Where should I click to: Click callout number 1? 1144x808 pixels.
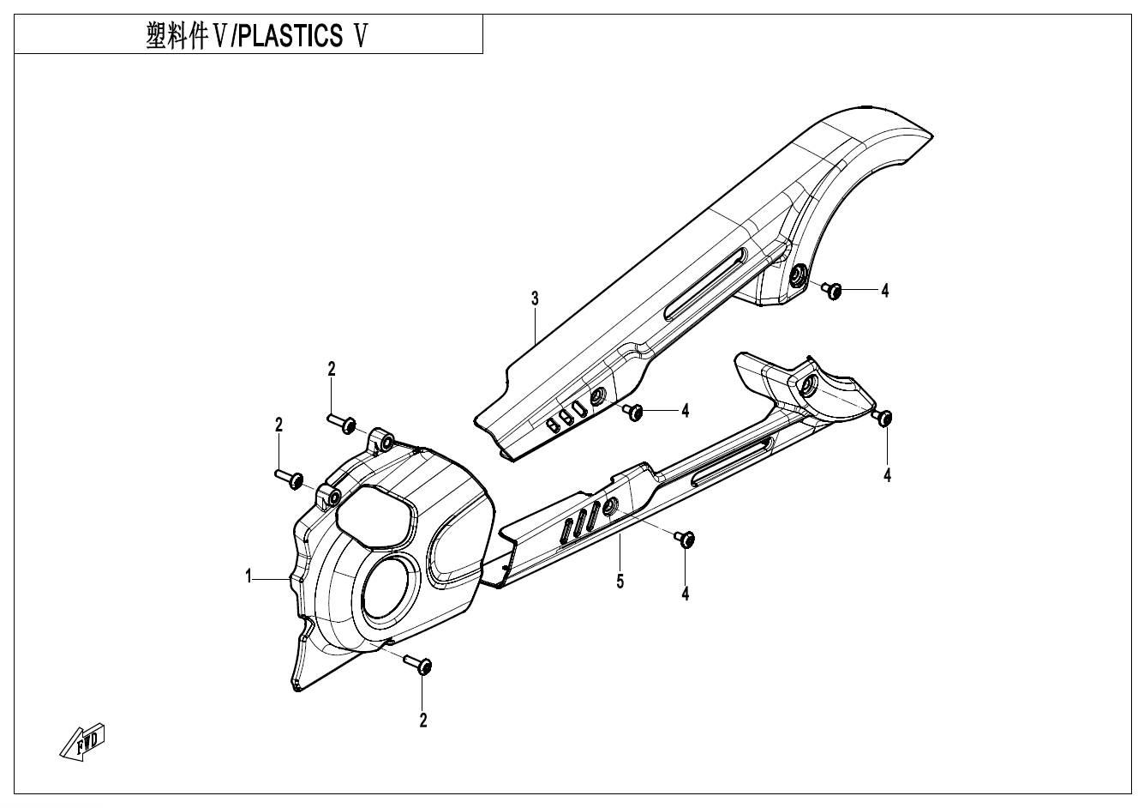click(x=249, y=577)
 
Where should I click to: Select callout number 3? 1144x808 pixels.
click(x=535, y=298)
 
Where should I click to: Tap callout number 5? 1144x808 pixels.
click(x=620, y=582)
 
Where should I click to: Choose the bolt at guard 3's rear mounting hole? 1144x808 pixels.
click(x=831, y=291)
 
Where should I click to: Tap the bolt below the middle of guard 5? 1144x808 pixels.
click(x=685, y=539)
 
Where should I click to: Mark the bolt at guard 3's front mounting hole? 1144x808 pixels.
click(x=634, y=413)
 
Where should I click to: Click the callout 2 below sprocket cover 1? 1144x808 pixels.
click(x=423, y=721)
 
